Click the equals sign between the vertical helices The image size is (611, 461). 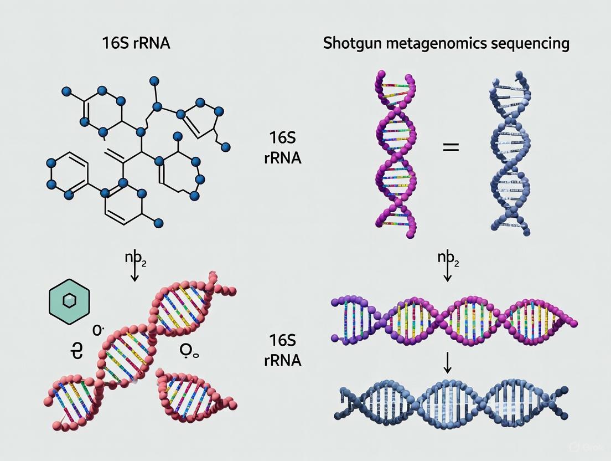tap(451, 148)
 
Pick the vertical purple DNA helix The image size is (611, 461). tap(395, 153)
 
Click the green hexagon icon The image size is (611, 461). tap(69, 301)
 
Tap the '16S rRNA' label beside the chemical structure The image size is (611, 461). tap(284, 147)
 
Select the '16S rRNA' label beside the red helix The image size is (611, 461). tap(284, 350)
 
